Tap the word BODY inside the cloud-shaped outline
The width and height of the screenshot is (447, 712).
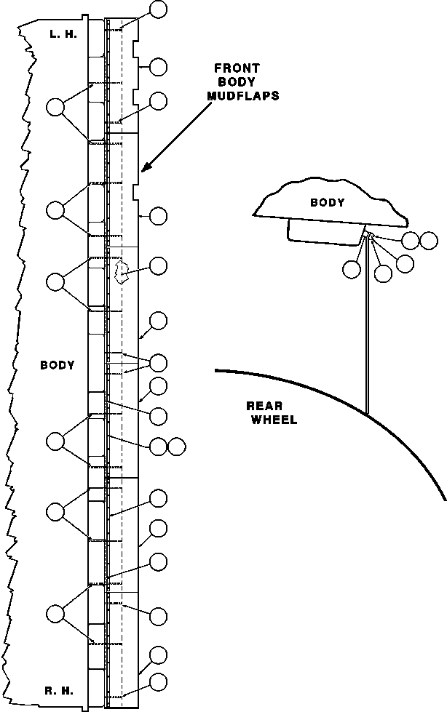pos(327,203)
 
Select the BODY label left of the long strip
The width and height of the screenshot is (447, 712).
pos(58,365)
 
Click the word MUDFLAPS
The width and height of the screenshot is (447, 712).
pos(244,95)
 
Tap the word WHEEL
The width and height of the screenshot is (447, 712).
pos(274,420)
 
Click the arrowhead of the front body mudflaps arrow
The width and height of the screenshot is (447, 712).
pos(145,168)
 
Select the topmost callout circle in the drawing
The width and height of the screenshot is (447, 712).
pos(158,9)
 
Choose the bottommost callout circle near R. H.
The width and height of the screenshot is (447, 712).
pos(158,682)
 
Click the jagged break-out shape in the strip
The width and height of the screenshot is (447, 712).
pos(122,272)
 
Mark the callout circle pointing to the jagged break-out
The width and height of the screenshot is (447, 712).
pos(158,266)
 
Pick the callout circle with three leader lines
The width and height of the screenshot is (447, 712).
pos(158,363)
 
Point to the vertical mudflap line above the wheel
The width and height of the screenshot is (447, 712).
pos(367,327)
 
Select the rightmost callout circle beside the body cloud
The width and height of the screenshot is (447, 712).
pos(429,239)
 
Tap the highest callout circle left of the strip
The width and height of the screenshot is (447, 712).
pos(55,108)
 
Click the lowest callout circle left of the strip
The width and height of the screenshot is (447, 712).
pos(55,613)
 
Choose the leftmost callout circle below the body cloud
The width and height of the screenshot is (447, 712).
pos(352,269)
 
